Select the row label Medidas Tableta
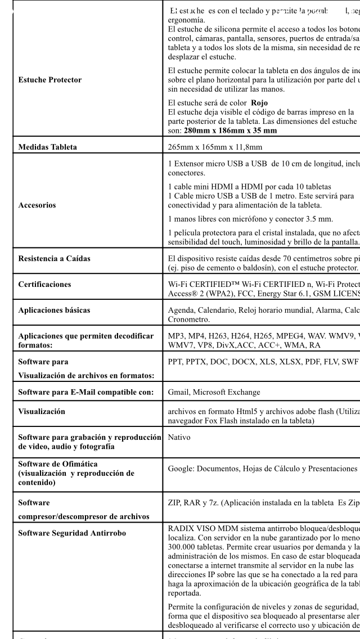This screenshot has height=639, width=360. (x=44, y=148)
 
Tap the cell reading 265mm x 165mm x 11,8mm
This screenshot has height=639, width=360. (x=212, y=148)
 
